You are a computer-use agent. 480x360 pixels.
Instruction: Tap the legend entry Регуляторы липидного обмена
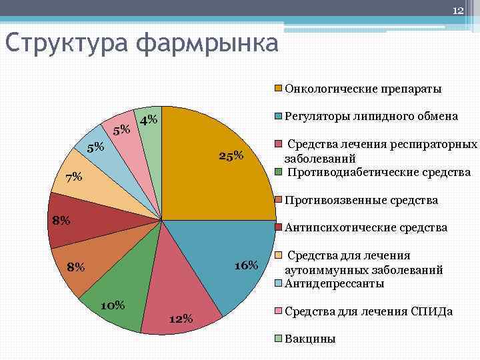(x=371, y=116)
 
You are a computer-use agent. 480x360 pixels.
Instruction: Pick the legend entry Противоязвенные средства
(x=361, y=200)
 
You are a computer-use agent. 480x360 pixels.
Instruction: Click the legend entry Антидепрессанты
(x=334, y=284)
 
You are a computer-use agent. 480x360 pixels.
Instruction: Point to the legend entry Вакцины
(x=310, y=339)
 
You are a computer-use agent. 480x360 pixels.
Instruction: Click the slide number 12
(x=458, y=10)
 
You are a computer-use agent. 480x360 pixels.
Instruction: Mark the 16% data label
(x=246, y=266)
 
